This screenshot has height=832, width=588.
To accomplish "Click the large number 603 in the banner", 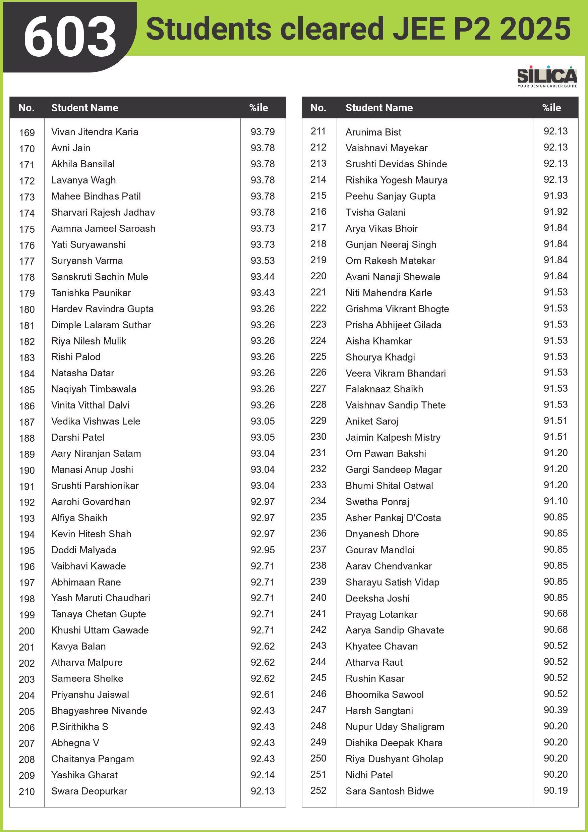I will click(70, 36).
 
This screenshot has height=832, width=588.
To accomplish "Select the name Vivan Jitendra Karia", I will click(95, 132).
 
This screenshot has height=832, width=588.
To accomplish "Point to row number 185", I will click(27, 390).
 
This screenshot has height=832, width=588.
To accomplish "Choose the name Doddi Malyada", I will click(84, 550).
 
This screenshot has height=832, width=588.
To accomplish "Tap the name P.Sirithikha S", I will click(80, 727).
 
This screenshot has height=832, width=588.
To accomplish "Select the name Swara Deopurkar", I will click(89, 791).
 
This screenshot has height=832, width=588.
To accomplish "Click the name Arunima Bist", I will click(373, 132).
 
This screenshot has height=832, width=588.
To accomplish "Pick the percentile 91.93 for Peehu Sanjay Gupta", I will click(555, 196).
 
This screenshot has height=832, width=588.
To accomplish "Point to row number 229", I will click(318, 421).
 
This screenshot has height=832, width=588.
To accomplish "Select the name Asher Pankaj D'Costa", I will click(393, 518).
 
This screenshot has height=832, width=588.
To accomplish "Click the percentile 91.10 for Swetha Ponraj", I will click(555, 501).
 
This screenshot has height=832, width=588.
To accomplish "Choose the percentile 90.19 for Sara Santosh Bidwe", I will click(555, 790).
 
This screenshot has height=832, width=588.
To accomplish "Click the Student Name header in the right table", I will click(379, 108).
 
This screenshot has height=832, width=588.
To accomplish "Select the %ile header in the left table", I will click(258, 108).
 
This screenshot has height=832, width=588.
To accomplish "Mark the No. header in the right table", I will click(318, 108).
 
